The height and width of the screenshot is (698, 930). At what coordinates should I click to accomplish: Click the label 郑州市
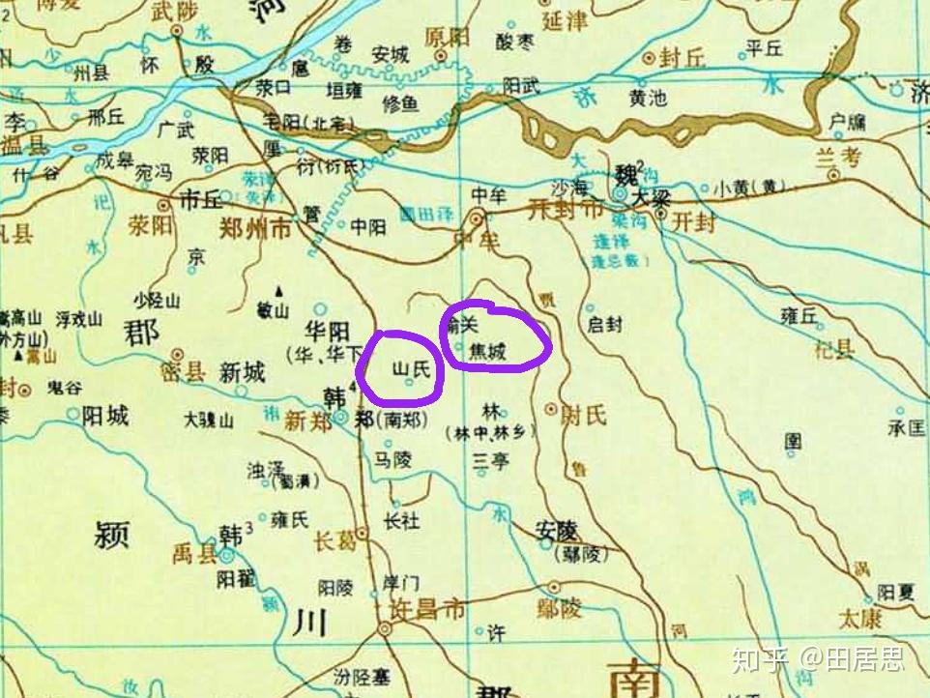[x=255, y=230]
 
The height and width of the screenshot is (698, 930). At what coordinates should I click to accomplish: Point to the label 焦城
[x=487, y=352]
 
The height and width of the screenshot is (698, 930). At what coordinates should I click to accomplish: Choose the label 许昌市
[x=425, y=610]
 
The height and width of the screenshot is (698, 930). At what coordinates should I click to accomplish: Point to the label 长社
[x=401, y=520]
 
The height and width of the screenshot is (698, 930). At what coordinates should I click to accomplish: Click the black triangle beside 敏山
[x=280, y=291]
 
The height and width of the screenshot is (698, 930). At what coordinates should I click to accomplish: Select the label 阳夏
[x=895, y=592]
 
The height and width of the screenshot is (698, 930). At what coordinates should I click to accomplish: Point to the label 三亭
[x=490, y=462]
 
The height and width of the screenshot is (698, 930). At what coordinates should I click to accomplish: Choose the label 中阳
[x=368, y=227]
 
